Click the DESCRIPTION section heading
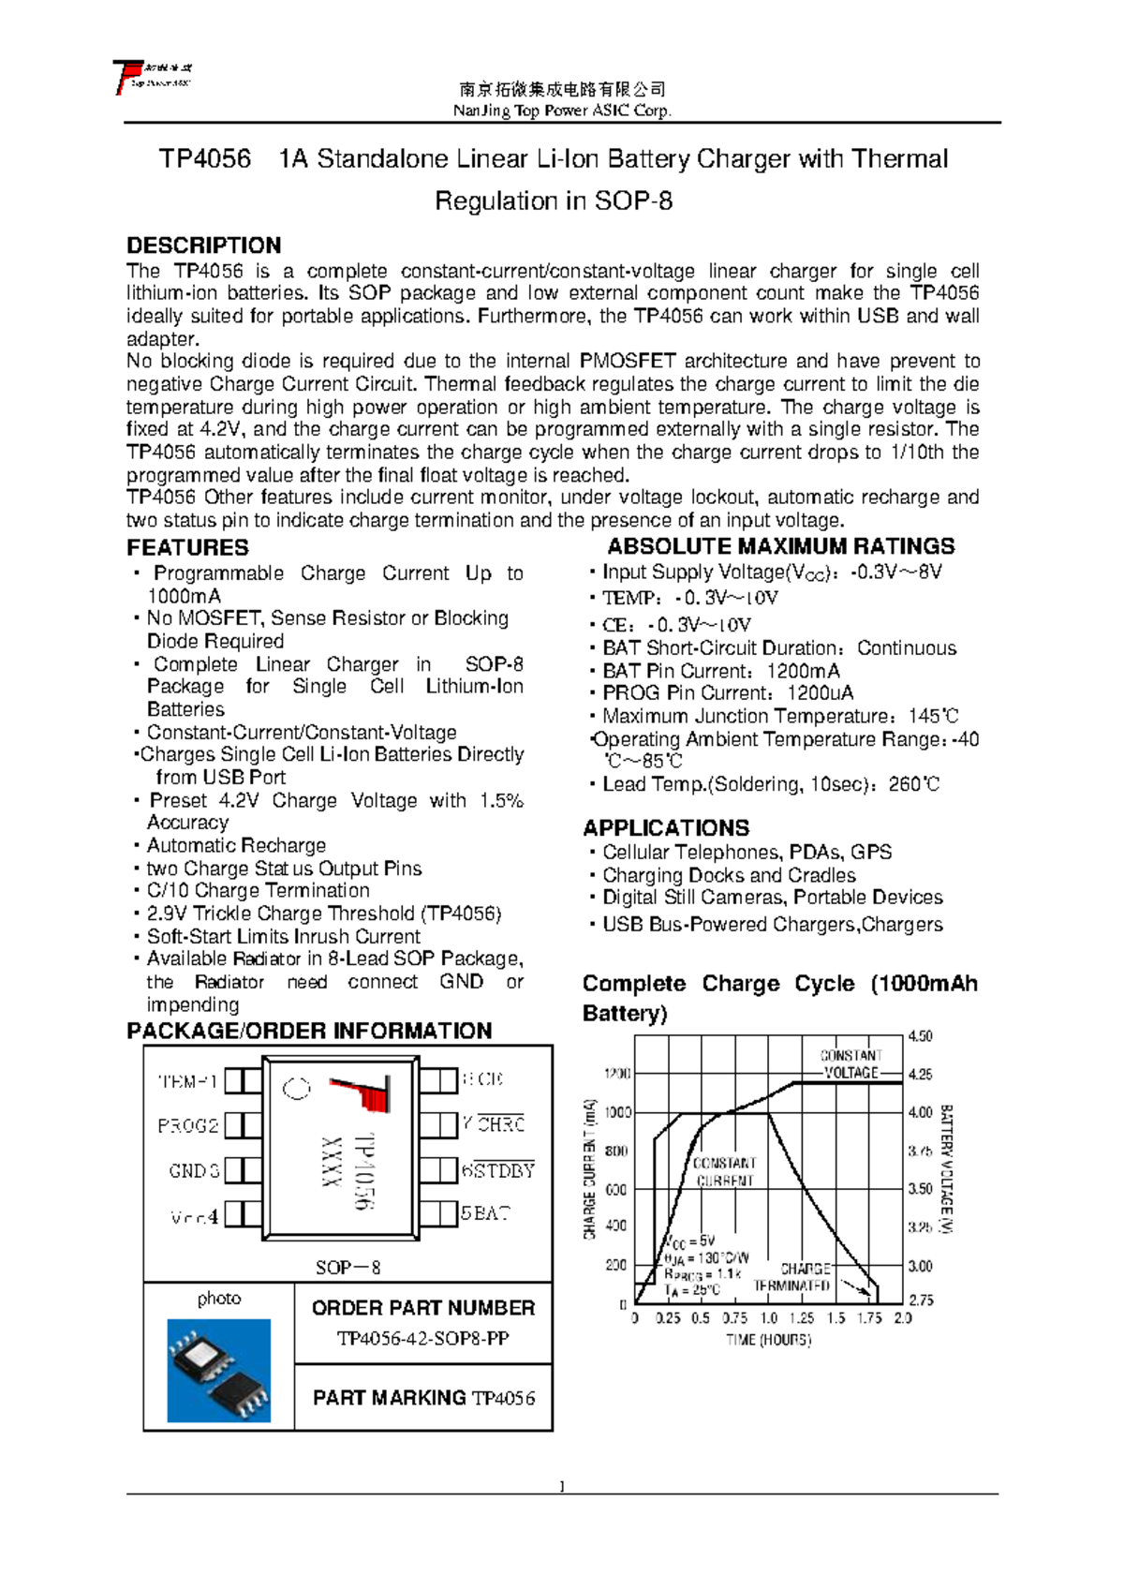point(203,245)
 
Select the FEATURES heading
point(187,548)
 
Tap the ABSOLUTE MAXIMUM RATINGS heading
point(780,546)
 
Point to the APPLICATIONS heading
point(666,828)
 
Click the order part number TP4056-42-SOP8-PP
point(422,1338)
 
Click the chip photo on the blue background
point(219,1370)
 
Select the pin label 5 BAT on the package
point(485,1213)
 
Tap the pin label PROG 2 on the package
point(188,1125)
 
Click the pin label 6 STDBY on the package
point(497,1170)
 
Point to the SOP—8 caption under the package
point(348,1268)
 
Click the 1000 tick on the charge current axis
point(617,1112)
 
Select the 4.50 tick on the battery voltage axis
point(920,1036)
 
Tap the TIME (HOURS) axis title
point(768,1340)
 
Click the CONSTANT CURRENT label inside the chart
point(725,1171)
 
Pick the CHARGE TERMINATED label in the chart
point(793,1277)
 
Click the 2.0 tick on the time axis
point(903,1318)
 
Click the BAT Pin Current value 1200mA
point(803,671)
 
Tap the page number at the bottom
point(562,1486)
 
